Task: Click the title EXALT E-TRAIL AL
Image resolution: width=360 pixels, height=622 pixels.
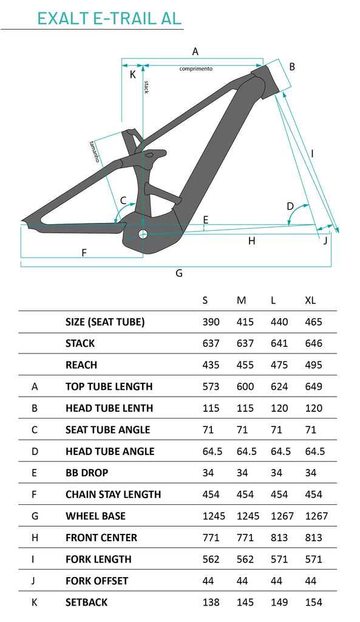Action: [109, 18]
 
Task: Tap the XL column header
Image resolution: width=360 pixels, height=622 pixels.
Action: [310, 300]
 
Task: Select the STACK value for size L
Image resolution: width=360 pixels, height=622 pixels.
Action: [279, 343]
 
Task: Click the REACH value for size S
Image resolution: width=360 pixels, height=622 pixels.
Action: [211, 364]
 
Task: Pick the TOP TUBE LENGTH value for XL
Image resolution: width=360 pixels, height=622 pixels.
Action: [314, 386]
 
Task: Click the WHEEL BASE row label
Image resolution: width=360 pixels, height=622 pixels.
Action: [95, 516]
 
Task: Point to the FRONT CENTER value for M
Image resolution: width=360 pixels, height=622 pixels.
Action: [245, 538]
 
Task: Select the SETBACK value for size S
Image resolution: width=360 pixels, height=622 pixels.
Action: [211, 602]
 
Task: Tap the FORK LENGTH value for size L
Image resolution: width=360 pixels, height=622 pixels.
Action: [279, 559]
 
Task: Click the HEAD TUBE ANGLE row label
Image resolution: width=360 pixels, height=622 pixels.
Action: [110, 451]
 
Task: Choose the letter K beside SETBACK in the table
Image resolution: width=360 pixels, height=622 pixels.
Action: [35, 602]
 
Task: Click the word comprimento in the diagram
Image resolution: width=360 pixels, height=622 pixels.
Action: [196, 69]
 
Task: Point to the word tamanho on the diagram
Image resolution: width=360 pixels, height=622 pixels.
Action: [94, 151]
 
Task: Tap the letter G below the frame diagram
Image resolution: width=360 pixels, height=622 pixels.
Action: [179, 273]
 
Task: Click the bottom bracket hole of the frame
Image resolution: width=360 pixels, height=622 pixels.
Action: [143, 234]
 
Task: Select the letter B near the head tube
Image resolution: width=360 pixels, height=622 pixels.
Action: [292, 67]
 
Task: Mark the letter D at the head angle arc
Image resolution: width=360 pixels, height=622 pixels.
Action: [290, 206]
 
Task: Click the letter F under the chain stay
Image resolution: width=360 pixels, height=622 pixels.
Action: [84, 253]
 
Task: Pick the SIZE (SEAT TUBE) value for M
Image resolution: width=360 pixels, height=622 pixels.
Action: [245, 322]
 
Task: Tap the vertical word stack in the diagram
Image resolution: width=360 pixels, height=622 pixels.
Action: [146, 87]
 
